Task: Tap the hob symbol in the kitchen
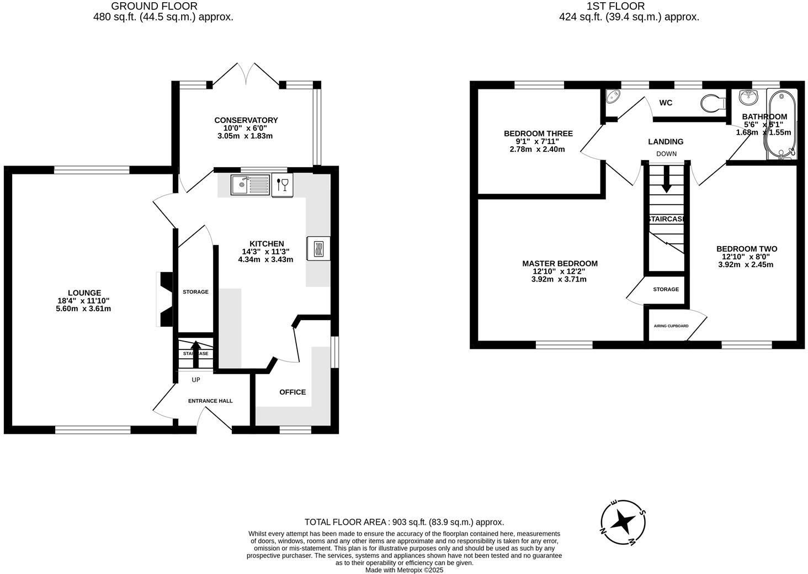pyautogui.click(x=318, y=248)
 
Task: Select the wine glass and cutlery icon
pyautogui.click(x=282, y=184)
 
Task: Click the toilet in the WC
pyautogui.click(x=714, y=103)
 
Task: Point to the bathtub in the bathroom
pyautogui.click(x=779, y=125)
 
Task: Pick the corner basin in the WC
pyautogui.click(x=613, y=98)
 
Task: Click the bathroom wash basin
pyautogui.click(x=749, y=97)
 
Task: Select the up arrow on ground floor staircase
pyautogui.click(x=195, y=353)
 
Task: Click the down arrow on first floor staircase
pyautogui.click(x=666, y=180)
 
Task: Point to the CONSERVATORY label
pyautogui.click(x=246, y=120)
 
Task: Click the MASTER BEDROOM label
pyautogui.click(x=560, y=263)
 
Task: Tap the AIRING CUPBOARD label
pyautogui.click(x=671, y=326)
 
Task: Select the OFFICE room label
pyautogui.click(x=292, y=392)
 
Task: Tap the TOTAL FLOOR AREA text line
pyautogui.click(x=404, y=522)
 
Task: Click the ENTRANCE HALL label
pyautogui.click(x=210, y=401)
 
